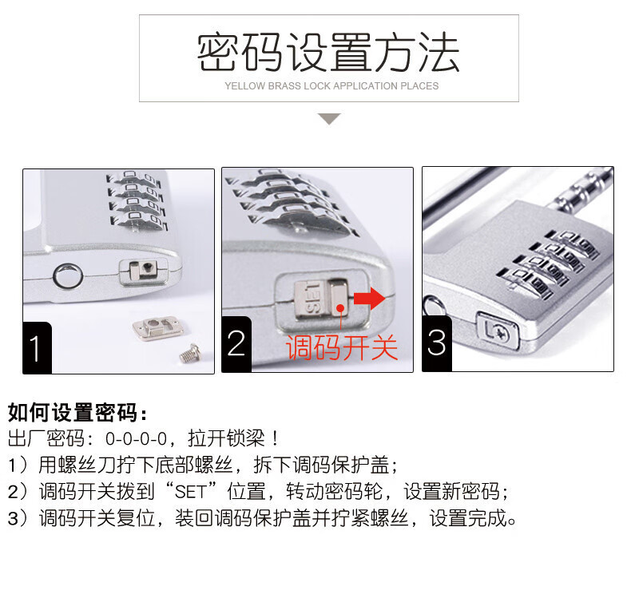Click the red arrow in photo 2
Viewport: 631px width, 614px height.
point(369,299)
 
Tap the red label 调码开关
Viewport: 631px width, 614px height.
point(342,347)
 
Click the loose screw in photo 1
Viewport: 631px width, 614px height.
point(190,353)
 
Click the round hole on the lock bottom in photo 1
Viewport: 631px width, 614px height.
point(68,276)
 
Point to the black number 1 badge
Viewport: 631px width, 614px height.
point(37,348)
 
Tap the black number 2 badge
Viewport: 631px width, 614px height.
point(236,344)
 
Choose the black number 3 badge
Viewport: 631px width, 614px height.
point(437,343)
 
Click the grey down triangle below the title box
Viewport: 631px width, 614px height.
point(329,119)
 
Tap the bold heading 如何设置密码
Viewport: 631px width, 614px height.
point(73,413)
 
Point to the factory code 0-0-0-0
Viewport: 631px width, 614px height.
point(136,439)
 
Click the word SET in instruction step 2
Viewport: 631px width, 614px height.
point(191,492)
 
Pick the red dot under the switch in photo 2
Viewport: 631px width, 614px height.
point(340,309)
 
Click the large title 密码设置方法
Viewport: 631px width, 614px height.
point(328,53)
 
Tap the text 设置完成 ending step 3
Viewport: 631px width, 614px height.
point(468,518)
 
